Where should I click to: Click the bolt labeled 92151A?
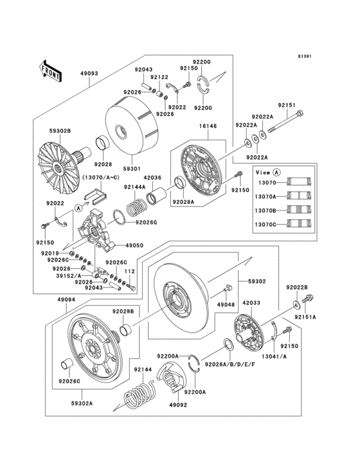[x=307, y=298]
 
